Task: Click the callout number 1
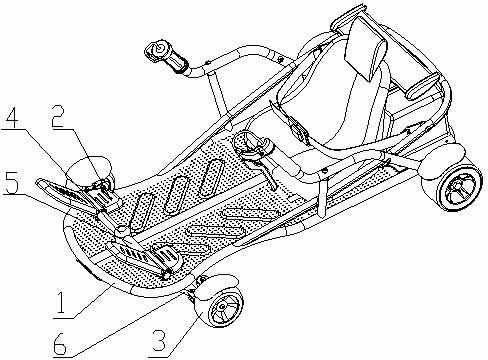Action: click(61, 303)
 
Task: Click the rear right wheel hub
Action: click(459, 188)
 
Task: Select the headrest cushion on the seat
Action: click(366, 49)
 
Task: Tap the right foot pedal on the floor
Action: click(166, 256)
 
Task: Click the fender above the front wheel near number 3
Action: click(218, 282)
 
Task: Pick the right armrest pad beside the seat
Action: click(423, 85)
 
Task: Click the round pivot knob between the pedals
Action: click(120, 230)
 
